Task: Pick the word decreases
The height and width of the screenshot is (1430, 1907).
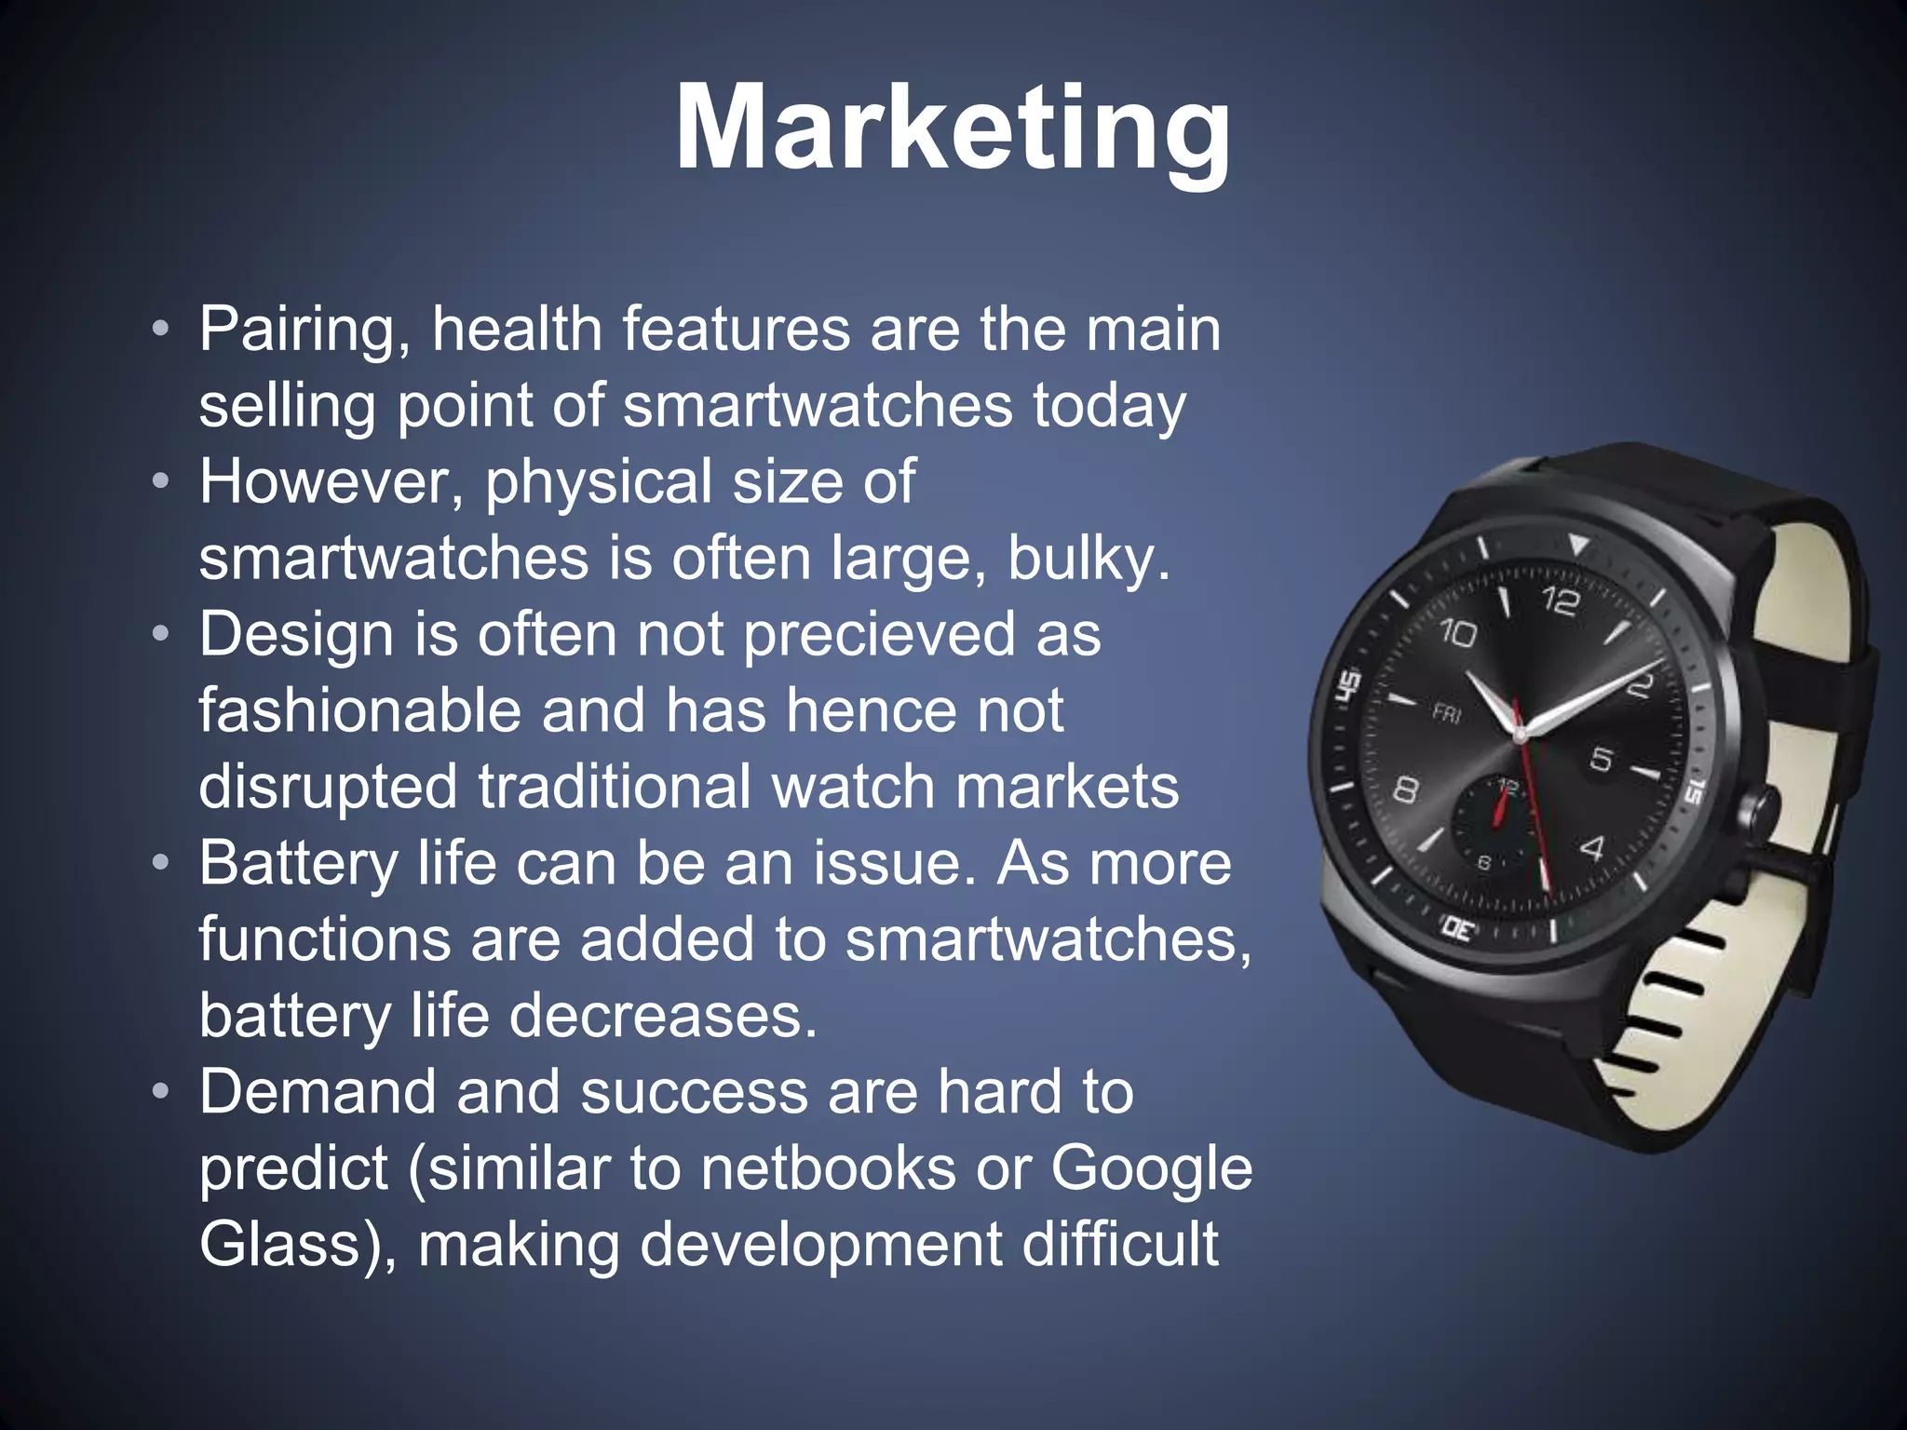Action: (663, 1016)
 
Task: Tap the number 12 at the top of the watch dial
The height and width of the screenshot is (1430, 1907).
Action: (1560, 600)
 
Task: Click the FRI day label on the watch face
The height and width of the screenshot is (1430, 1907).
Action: (1446, 714)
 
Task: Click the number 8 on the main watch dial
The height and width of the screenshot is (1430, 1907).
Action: (1406, 790)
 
